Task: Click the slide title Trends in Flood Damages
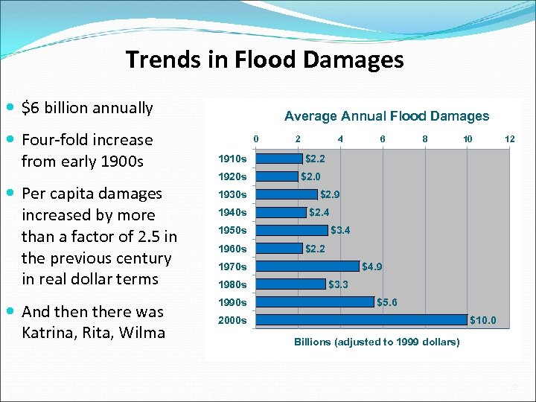click(264, 60)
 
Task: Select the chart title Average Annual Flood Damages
click(386, 116)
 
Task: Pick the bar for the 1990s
click(315, 301)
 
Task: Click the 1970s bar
click(307, 266)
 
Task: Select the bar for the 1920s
click(277, 176)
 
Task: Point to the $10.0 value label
click(482, 320)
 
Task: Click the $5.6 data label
click(387, 302)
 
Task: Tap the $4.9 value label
click(372, 267)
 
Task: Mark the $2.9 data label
click(330, 194)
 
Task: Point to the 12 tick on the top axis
click(509, 138)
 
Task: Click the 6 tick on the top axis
click(383, 138)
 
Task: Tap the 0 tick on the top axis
click(256, 138)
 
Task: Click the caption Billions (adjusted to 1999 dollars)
click(377, 342)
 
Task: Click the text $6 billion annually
click(87, 108)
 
